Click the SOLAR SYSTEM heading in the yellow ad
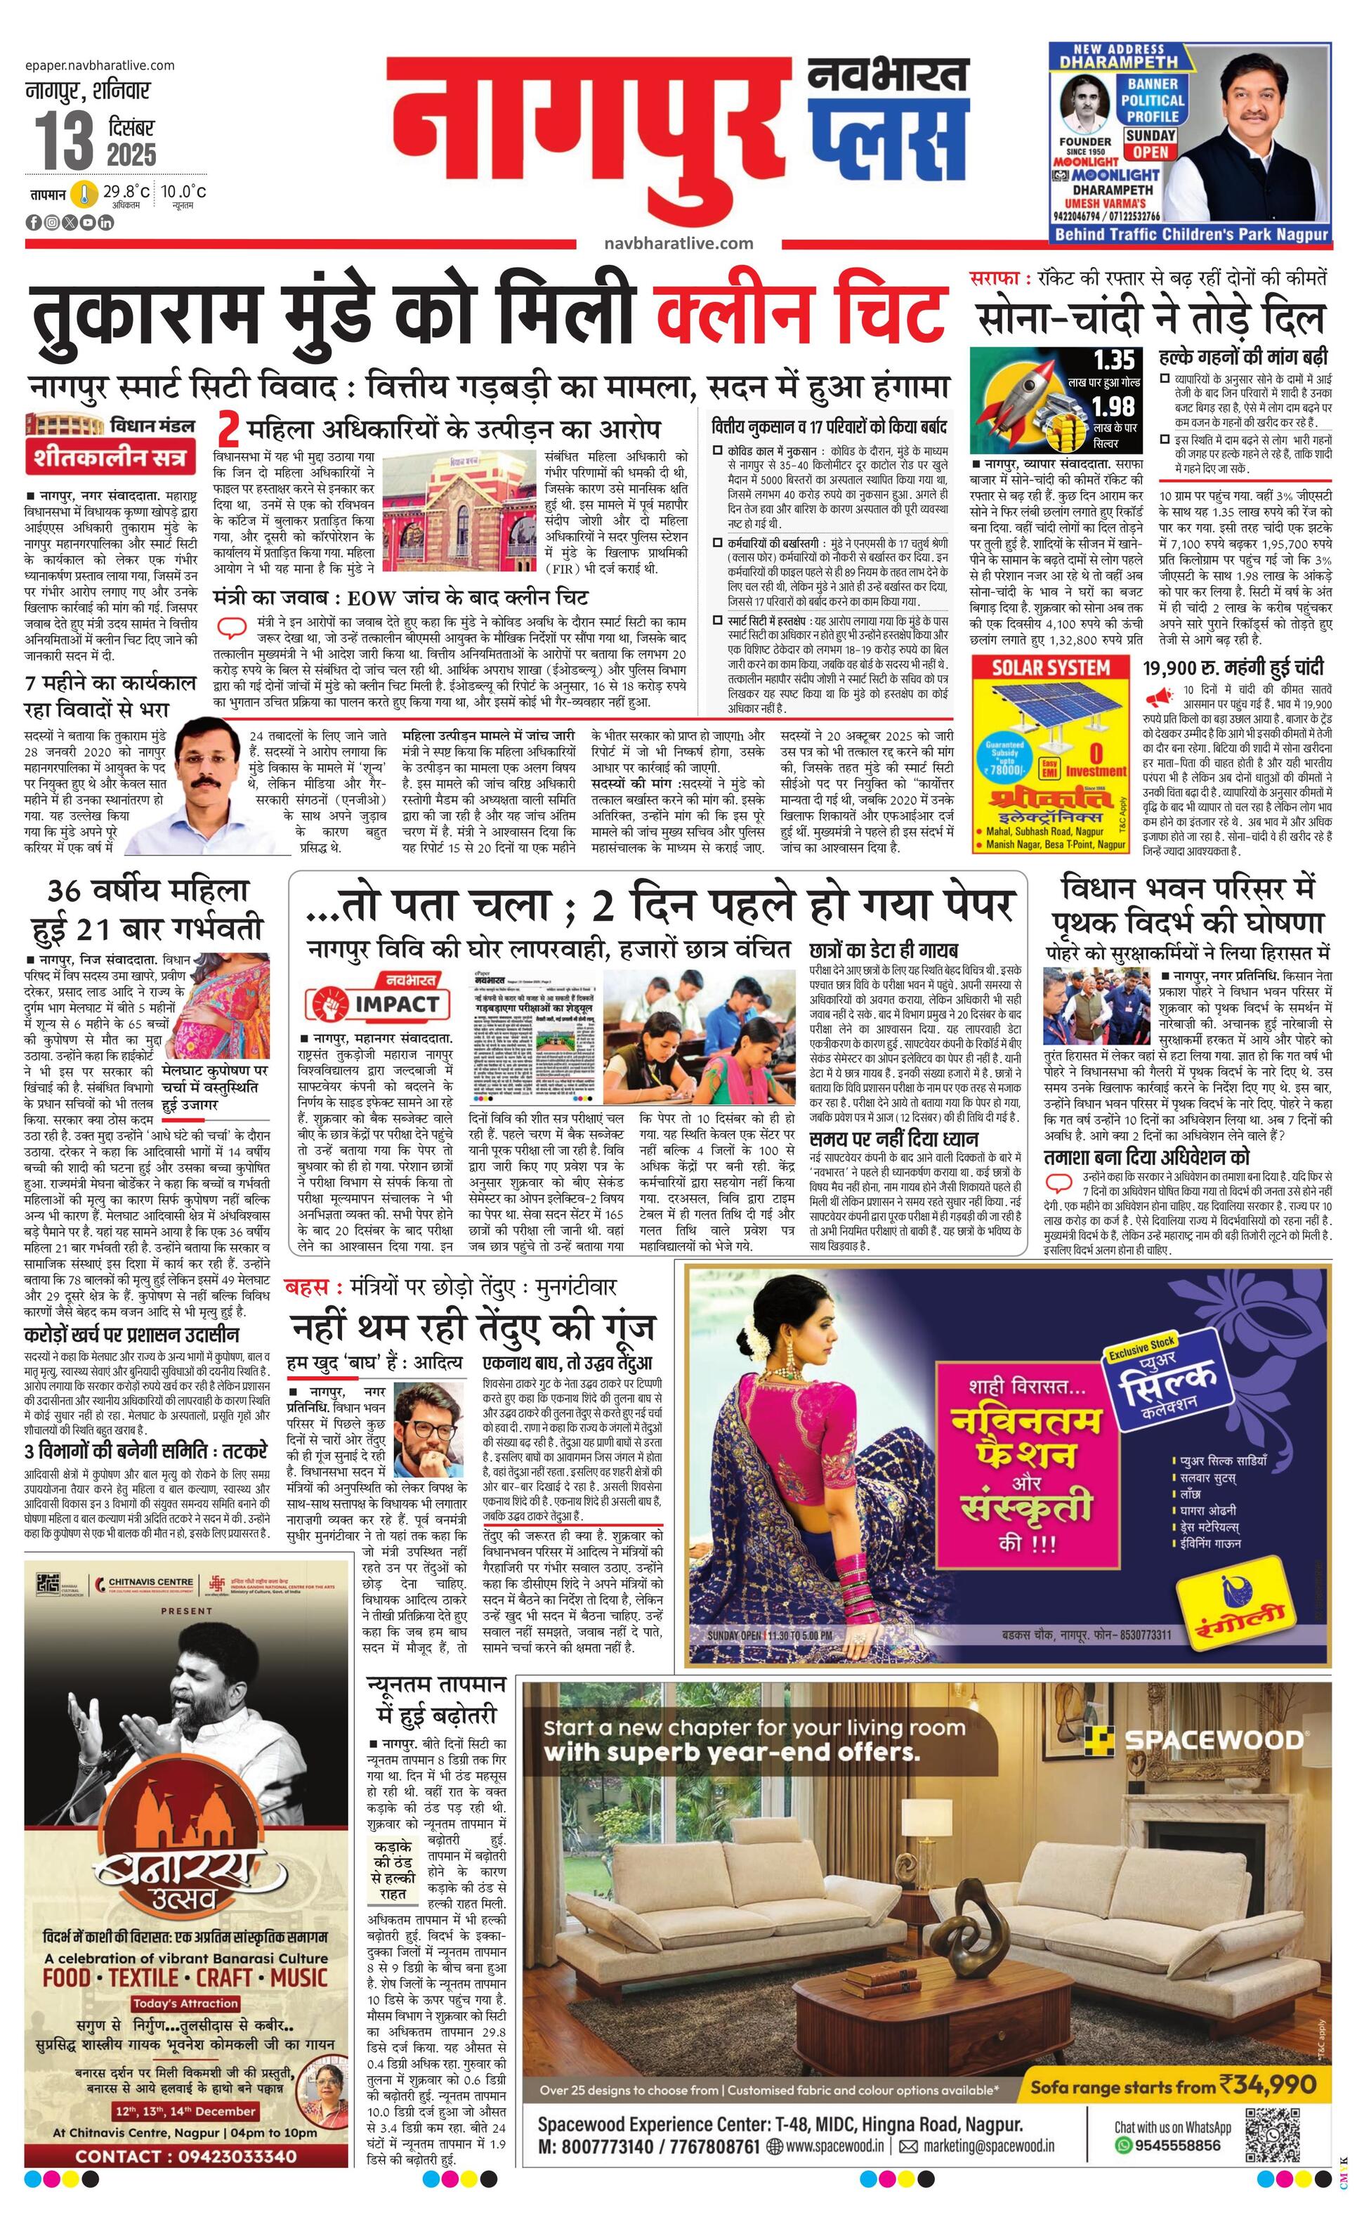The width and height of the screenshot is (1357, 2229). (x=1051, y=667)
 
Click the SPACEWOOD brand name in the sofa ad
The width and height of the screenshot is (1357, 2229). (x=1212, y=1739)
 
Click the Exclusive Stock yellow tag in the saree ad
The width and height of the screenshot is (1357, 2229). (x=1141, y=1346)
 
